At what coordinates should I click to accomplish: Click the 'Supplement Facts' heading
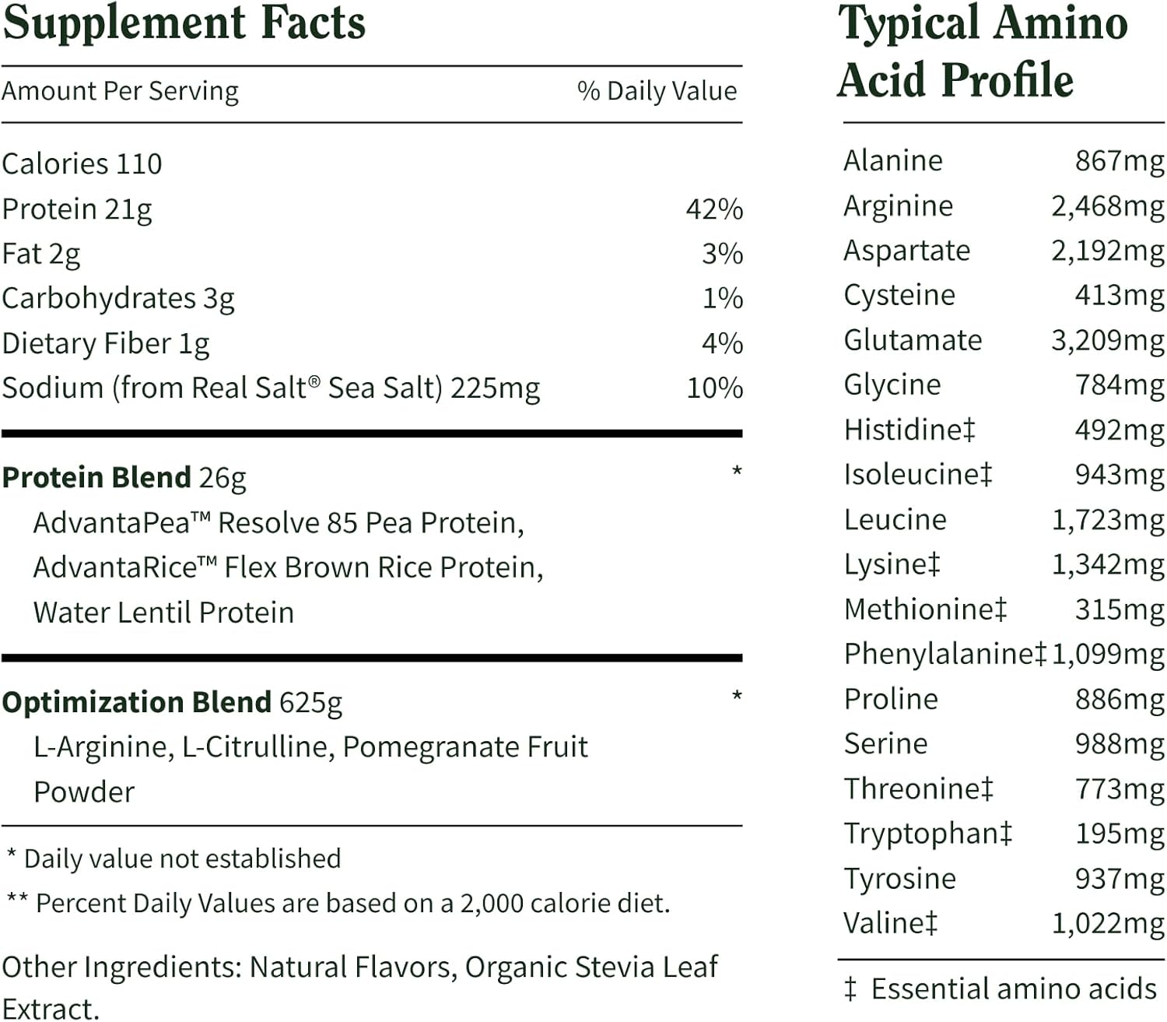[184, 23]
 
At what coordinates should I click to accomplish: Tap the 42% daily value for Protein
[714, 209]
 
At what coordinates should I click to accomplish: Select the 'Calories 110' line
[82, 164]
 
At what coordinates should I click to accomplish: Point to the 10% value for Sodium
[714, 388]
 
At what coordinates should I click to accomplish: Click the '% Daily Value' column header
[657, 91]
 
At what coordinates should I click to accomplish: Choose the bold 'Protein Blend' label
[96, 477]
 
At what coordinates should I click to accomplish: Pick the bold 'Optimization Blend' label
[137, 702]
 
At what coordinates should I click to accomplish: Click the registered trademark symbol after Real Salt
[314, 381]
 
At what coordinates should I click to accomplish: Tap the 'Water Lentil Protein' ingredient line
[163, 613]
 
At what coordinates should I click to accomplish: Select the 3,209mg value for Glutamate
[1107, 340]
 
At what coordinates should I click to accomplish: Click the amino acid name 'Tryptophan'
[921, 834]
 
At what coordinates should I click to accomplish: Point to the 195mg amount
[1120, 834]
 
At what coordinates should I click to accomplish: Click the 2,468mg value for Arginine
[1107, 206]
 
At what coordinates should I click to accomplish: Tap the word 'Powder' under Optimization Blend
[84, 792]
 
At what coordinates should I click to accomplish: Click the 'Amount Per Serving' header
[120, 91]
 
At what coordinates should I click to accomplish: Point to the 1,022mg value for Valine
[1108, 923]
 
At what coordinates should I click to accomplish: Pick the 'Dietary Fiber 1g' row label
[106, 343]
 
